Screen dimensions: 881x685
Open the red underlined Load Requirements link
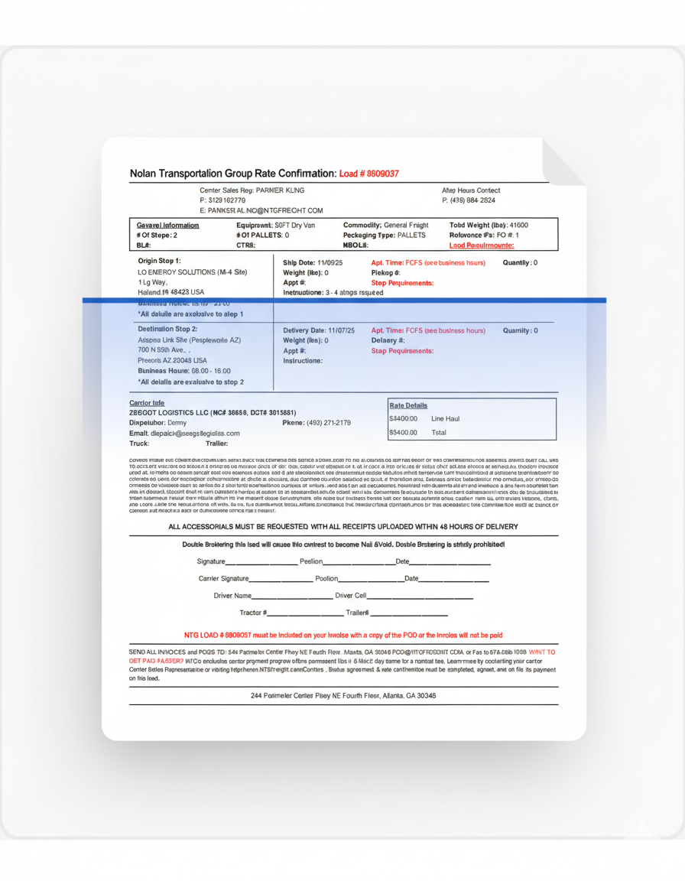[x=482, y=245]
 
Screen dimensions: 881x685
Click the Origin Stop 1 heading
[x=159, y=261]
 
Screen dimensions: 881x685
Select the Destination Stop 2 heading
[x=167, y=329]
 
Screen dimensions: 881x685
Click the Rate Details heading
[x=408, y=405]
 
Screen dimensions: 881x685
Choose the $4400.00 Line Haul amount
[x=404, y=419]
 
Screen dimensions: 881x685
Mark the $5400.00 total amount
[x=404, y=433]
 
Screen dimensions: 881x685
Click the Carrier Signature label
[x=223, y=579]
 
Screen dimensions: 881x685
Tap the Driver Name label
[x=232, y=596]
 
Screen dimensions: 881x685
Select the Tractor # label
[x=253, y=613]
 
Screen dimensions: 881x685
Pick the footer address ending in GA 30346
[x=343, y=696]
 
